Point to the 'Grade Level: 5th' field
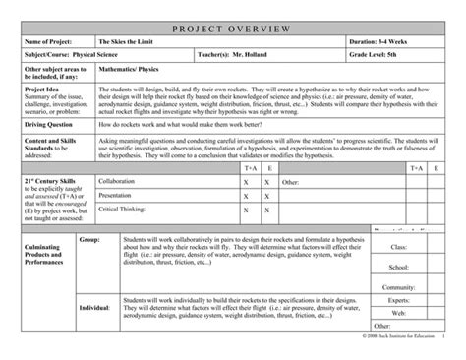tap(379, 57)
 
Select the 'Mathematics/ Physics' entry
tap(133, 71)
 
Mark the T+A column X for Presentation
tap(246, 196)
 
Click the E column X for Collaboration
tap(270, 182)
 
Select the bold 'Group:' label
tap(89, 240)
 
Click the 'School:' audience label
tap(398, 267)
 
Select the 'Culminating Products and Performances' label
tap(39, 281)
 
